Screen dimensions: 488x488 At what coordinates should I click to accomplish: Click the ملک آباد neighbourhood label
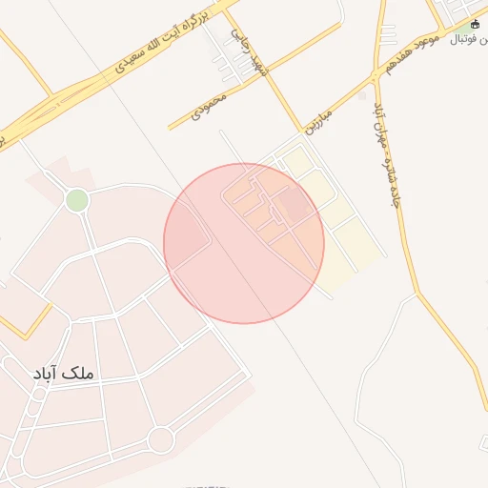click(64, 375)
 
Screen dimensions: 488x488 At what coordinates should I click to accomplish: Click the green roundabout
click(77, 200)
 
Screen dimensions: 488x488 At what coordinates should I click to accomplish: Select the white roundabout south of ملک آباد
click(160, 439)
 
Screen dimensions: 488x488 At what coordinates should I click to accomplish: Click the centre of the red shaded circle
click(244, 243)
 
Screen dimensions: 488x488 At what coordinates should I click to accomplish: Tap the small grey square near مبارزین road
click(362, 96)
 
